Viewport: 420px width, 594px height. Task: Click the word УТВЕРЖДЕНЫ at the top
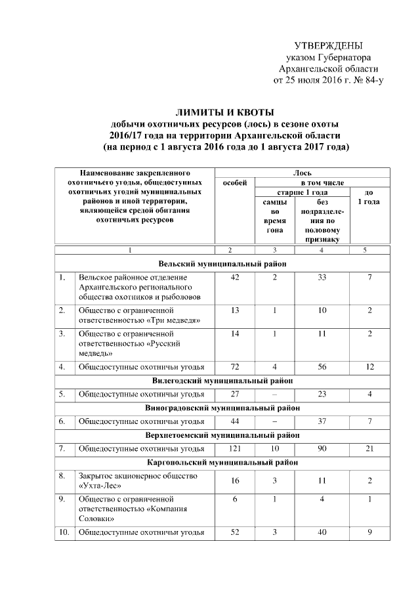pyautogui.click(x=328, y=45)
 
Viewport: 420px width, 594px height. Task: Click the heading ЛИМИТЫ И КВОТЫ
pyautogui.click(x=222, y=112)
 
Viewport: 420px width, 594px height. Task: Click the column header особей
pyautogui.click(x=234, y=182)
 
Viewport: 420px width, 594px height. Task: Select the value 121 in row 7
pyautogui.click(x=234, y=448)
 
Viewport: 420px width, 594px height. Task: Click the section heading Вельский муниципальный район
pyautogui.click(x=222, y=263)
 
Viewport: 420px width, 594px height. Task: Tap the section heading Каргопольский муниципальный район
pyautogui.click(x=222, y=461)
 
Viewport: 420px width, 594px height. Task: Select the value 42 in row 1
pyautogui.click(x=234, y=278)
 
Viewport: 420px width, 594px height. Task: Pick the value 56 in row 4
pyautogui.click(x=322, y=366)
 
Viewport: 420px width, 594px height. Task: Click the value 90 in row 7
pyautogui.click(x=322, y=448)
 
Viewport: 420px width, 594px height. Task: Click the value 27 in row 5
pyautogui.click(x=234, y=394)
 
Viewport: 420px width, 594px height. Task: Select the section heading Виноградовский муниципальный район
pyautogui.click(x=222, y=408)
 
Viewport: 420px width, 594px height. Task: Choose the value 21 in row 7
pyautogui.click(x=370, y=448)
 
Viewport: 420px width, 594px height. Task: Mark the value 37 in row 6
pyautogui.click(x=322, y=421)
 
